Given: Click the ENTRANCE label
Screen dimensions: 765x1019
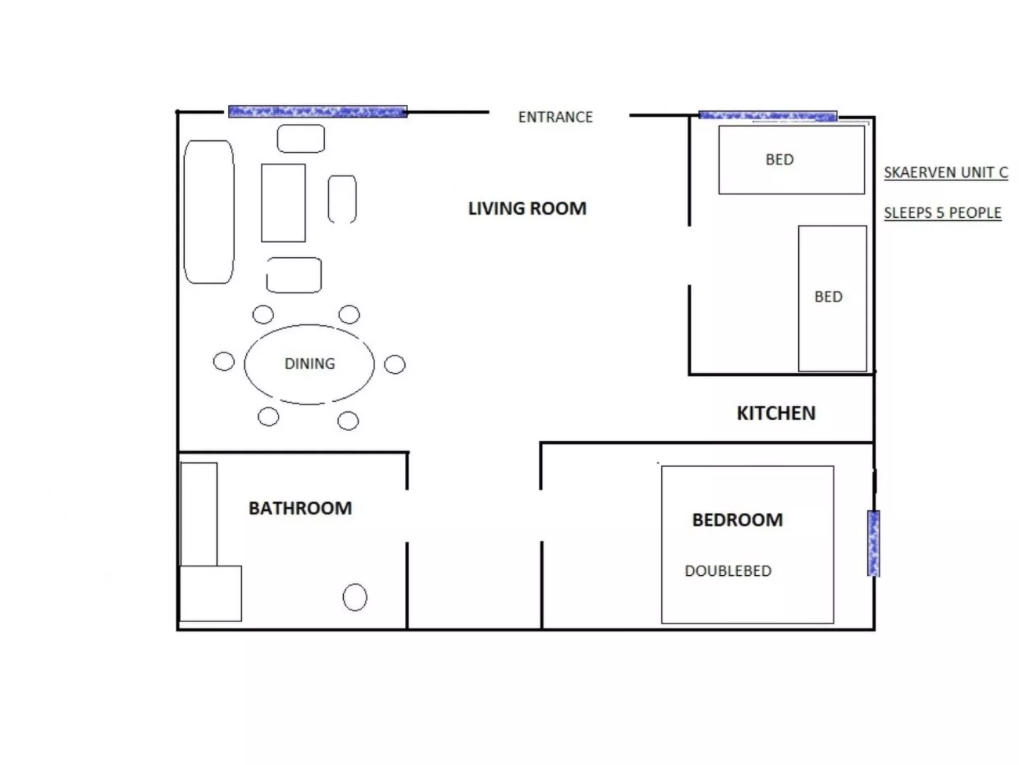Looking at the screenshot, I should point(555,117).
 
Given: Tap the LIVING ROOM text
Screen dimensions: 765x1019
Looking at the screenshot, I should point(527,209).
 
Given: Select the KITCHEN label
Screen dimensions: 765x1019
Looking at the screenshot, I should point(775,413).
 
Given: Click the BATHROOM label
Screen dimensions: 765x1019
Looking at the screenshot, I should point(299,509).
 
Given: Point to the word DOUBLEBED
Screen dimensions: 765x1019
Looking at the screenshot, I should point(728,571).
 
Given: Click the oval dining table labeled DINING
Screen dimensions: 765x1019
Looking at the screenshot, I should point(309,364).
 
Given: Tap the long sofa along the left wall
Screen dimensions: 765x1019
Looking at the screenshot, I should point(209,212).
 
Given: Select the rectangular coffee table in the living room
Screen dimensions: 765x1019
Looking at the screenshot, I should point(283,203).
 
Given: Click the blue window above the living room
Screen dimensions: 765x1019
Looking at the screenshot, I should point(317,112).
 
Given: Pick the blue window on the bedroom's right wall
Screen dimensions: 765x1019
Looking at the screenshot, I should point(873,543).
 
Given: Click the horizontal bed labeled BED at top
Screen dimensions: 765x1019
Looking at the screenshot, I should point(791,160).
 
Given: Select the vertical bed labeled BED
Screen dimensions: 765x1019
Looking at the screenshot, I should point(832,298).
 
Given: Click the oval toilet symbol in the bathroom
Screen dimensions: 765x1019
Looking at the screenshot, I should point(355,597).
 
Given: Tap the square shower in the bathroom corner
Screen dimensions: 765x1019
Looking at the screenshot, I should point(211,594).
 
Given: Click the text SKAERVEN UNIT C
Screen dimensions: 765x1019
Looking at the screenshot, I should point(945,173).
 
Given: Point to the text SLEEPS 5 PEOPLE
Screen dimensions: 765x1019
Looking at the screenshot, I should point(942,213).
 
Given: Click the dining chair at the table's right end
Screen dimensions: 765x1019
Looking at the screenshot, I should point(395,364).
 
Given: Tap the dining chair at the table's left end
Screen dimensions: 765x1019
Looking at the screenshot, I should point(223,362).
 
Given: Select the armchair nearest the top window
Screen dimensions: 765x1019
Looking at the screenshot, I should point(301,138).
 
